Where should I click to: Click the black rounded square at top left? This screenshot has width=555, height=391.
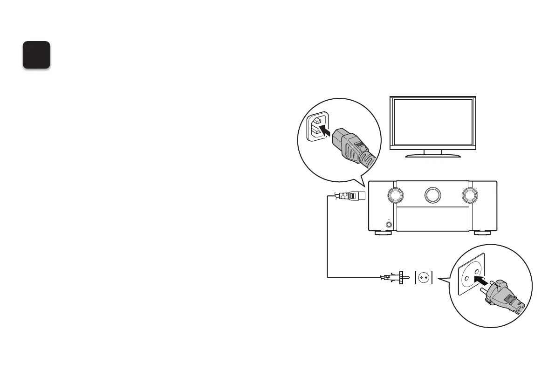37,55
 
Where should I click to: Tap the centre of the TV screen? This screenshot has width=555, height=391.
433,122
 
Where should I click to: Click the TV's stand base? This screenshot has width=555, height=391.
433,156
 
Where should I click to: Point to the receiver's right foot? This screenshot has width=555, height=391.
483,233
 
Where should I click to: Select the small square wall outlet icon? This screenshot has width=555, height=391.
424,277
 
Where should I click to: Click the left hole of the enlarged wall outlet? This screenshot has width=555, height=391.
465,278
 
